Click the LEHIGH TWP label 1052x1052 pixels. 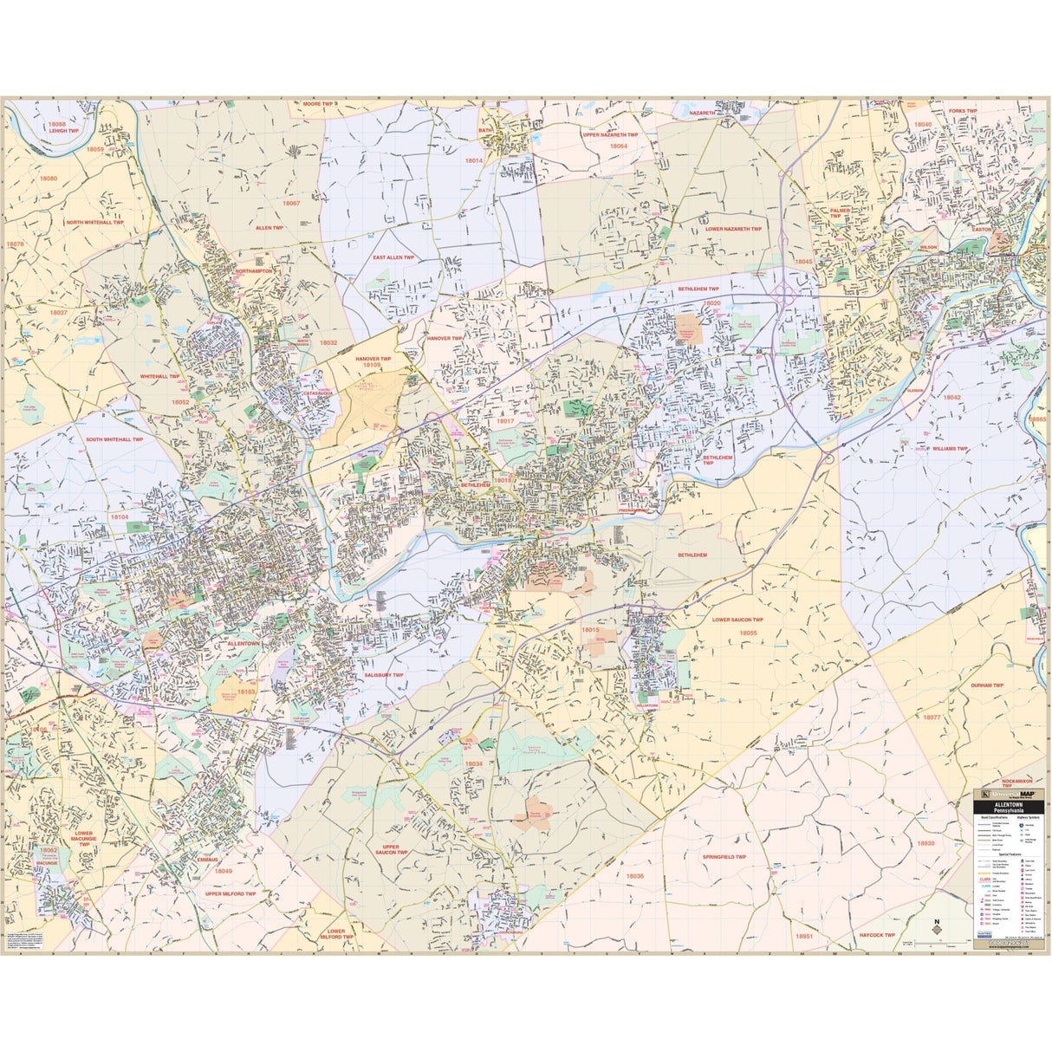pyautogui.click(x=64, y=131)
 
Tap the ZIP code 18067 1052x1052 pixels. pyautogui.click(x=290, y=203)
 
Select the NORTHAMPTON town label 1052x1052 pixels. pyautogui.click(x=253, y=271)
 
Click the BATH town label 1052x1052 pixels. pyautogui.click(x=485, y=131)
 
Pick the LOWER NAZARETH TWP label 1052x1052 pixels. pyautogui.click(x=733, y=229)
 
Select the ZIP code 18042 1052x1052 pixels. pyautogui.click(x=951, y=397)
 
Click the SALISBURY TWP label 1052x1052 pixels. pyautogui.click(x=383, y=675)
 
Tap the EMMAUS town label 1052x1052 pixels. pyautogui.click(x=208, y=860)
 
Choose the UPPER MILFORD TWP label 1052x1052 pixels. pyautogui.click(x=231, y=893)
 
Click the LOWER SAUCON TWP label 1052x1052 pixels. pyautogui.click(x=737, y=620)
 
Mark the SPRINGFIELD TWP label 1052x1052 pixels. pyautogui.click(x=724, y=857)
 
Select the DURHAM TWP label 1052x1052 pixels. pyautogui.click(x=986, y=685)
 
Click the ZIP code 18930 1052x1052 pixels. pyautogui.click(x=926, y=843)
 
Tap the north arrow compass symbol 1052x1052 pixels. pyautogui.click(x=937, y=926)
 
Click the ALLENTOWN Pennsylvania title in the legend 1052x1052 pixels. pyautogui.click(x=1006, y=807)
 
